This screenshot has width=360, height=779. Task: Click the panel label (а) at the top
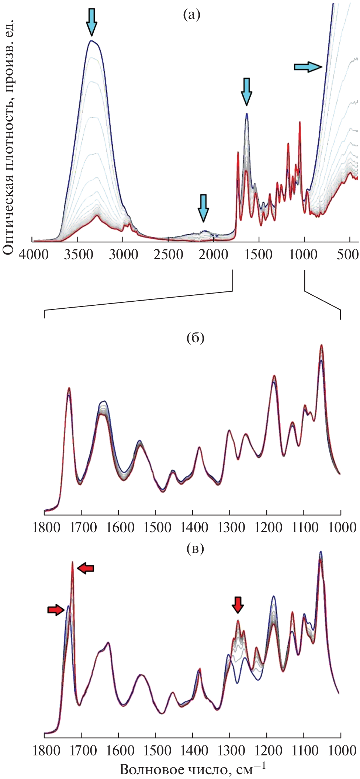tap(191, 15)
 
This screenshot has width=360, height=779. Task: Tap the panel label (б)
tap(195, 337)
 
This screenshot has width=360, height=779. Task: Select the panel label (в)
tap(195, 549)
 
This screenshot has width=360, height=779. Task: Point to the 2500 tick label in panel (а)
tap(169, 255)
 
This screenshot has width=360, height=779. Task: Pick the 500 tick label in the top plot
tap(347, 255)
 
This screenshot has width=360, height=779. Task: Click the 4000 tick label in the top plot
tap(34, 255)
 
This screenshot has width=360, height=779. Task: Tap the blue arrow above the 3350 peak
tap(91, 22)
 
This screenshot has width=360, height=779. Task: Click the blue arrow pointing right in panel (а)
tap(308, 67)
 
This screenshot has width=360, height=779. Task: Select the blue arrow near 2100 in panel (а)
tap(203, 207)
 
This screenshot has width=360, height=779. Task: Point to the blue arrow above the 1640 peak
tap(247, 91)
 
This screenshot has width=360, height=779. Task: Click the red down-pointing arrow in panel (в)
tap(238, 604)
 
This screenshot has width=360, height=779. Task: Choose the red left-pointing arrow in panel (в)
tap(86, 568)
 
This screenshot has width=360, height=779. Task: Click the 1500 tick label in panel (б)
tap(158, 527)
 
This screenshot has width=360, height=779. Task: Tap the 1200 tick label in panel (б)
tap(269, 527)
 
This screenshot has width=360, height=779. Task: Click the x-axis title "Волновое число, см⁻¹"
tap(192, 769)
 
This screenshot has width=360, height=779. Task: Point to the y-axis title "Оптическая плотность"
tap(8, 136)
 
